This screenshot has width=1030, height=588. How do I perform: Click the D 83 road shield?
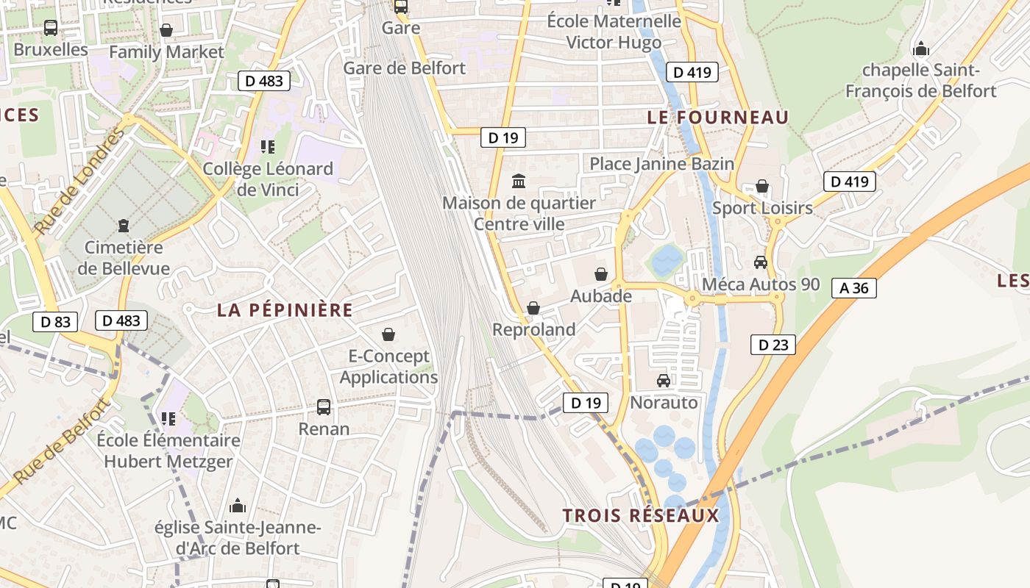(55, 321)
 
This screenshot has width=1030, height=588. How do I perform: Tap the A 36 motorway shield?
(854, 288)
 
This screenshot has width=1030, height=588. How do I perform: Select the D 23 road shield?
(773, 344)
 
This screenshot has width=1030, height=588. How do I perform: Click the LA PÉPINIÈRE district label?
(285, 310)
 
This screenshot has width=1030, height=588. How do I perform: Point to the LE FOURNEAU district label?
(717, 117)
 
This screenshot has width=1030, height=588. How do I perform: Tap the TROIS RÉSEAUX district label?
(640, 515)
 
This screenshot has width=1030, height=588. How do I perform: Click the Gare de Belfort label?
(405, 68)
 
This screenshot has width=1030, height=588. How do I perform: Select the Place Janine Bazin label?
(661, 164)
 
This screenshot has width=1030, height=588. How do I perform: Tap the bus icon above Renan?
(323, 406)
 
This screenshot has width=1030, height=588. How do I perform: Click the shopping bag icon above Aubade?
(601, 274)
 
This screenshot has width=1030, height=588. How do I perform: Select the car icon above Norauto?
(664, 380)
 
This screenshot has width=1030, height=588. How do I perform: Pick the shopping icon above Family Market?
(166, 30)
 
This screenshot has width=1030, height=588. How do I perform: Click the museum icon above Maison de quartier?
(519, 181)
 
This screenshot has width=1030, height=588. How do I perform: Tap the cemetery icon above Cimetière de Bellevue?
(123, 225)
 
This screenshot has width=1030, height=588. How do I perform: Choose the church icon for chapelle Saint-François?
(920, 49)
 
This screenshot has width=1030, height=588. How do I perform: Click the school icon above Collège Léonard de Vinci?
(268, 147)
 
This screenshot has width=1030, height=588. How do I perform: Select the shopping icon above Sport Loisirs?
(762, 186)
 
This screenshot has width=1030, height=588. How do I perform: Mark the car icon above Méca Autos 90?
(761, 262)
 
